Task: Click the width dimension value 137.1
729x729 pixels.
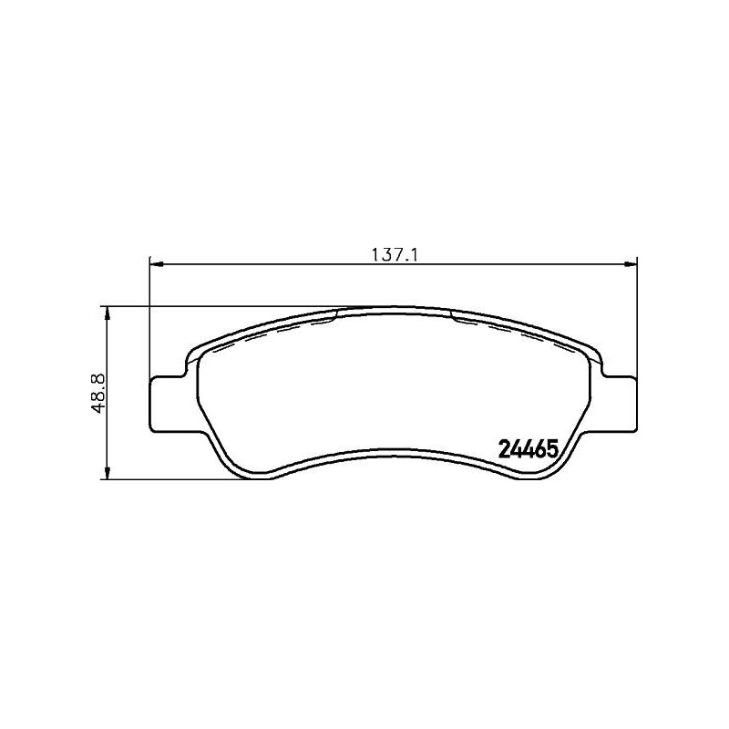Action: pyautogui.click(x=393, y=256)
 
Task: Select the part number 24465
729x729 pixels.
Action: pyautogui.click(x=529, y=448)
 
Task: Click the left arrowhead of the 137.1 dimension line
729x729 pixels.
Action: pyautogui.click(x=155, y=265)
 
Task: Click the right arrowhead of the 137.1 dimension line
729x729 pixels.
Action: pyautogui.click(x=630, y=265)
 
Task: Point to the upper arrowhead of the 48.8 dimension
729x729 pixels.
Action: pyautogui.click(x=108, y=313)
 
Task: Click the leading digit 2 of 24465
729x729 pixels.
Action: pyautogui.click(x=504, y=448)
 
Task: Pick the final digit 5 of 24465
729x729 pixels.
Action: pyautogui.click(x=552, y=448)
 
